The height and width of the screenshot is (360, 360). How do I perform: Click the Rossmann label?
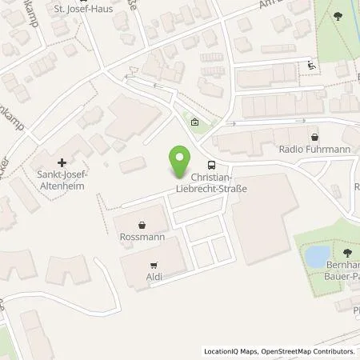coord(142,238)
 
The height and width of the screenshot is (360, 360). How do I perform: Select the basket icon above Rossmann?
coord(142,226)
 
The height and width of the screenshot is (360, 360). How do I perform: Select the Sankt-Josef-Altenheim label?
coord(62,180)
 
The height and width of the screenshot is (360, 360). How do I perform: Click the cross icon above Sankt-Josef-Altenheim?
coord(62,162)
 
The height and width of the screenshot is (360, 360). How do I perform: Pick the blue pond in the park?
coord(318,257)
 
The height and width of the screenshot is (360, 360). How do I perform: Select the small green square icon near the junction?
coord(196,122)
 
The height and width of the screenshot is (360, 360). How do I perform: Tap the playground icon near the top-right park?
coord(311,66)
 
